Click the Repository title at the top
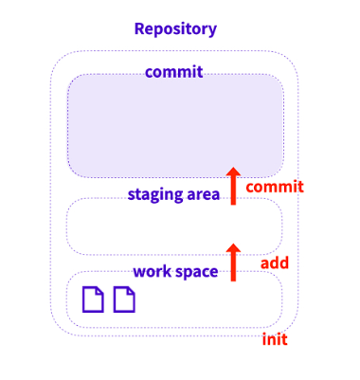click(175, 28)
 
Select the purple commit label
click(173, 72)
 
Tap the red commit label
click(274, 187)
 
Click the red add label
click(274, 262)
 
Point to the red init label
click(274, 339)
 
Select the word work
click(152, 272)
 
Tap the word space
click(198, 272)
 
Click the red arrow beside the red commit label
click(233, 186)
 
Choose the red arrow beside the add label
click(233, 262)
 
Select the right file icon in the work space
click(124, 299)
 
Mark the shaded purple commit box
click(175, 128)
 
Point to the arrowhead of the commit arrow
click(233, 172)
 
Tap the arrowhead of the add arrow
click(233, 248)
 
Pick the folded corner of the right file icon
click(131, 291)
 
